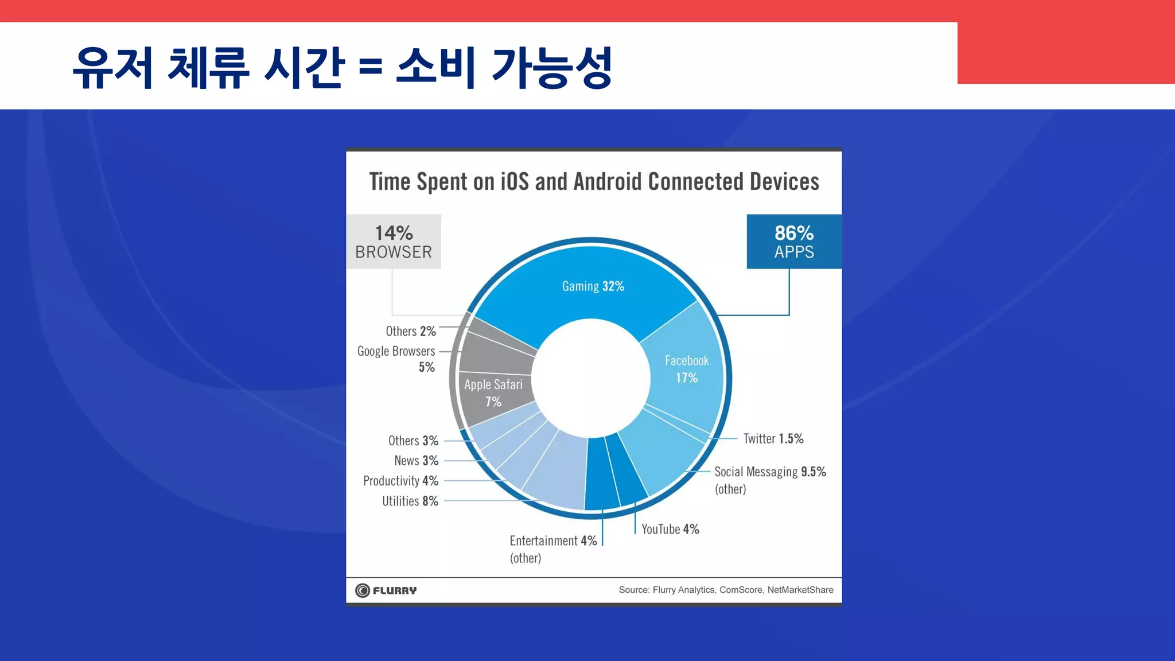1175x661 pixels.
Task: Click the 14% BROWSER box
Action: click(394, 242)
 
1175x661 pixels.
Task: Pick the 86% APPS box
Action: click(793, 242)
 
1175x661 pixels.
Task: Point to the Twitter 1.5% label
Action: click(773, 439)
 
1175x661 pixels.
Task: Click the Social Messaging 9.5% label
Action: click(769, 472)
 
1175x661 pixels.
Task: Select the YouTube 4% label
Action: click(670, 529)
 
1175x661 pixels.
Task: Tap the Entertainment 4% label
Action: click(553, 541)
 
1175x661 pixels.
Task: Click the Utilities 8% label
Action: click(410, 501)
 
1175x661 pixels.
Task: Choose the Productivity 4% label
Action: click(400, 481)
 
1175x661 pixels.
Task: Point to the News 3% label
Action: click(416, 461)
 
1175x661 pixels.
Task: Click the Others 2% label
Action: click(411, 331)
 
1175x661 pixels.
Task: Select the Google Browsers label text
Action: click(396, 351)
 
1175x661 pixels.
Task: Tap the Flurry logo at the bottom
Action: click(386, 590)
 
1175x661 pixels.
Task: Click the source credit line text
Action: click(726, 590)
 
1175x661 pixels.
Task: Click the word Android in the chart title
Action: click(608, 182)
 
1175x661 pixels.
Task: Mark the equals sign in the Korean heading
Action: click(370, 68)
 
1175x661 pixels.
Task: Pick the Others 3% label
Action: click(413, 441)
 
